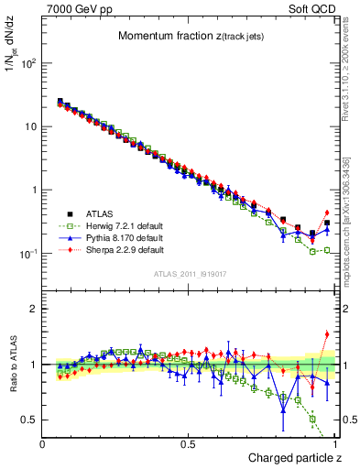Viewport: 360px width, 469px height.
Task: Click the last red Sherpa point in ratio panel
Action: pos(327,334)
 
